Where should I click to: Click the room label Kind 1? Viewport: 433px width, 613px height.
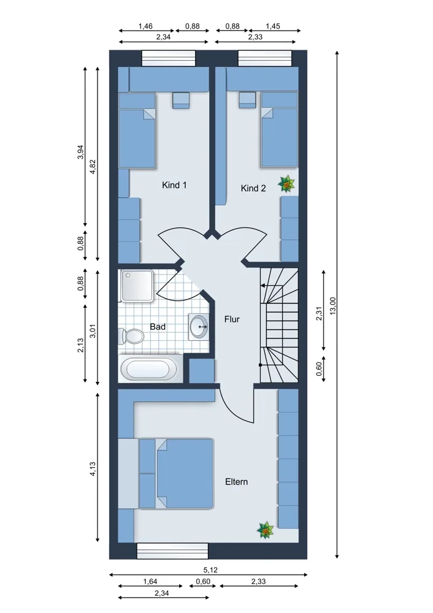click(174, 185)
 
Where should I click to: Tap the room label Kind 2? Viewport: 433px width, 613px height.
click(253, 188)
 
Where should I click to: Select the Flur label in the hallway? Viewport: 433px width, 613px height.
click(232, 319)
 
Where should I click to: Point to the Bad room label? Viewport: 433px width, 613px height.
click(158, 327)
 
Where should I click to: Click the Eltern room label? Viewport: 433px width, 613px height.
click(236, 482)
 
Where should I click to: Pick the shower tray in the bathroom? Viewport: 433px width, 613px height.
click(137, 286)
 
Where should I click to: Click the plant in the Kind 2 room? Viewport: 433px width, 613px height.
click(286, 184)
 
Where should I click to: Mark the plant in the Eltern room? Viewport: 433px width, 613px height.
click(265, 530)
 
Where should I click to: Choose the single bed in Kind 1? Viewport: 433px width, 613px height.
click(137, 131)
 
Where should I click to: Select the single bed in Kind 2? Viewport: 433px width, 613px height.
click(280, 129)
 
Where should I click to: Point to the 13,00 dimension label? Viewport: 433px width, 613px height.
click(333, 305)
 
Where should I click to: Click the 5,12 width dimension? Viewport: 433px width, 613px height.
click(210, 570)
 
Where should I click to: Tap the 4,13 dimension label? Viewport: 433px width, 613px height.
click(93, 469)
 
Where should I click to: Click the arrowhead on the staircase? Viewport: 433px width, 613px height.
click(263, 286)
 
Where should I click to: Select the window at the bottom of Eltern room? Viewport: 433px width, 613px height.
click(172, 550)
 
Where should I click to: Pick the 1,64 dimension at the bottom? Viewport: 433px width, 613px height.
click(150, 581)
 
